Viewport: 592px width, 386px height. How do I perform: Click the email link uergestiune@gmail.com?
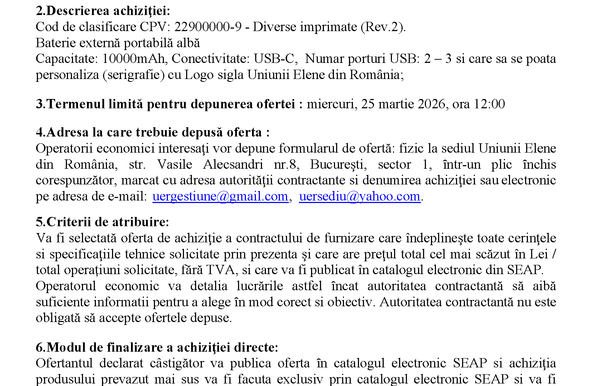pos(220,196)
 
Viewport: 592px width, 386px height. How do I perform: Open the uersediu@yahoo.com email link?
pos(359,196)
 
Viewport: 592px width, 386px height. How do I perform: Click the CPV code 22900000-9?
pos(208,27)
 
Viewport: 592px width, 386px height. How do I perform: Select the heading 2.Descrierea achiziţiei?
pos(103,11)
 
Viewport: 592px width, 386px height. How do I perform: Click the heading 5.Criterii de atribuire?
pos(102,222)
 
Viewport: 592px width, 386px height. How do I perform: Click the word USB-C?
pos(274,59)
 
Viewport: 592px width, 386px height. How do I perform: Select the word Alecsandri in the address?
pos(233,164)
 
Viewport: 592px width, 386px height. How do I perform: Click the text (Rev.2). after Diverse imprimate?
pos(383,27)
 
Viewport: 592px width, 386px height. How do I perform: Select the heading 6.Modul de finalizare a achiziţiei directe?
pos(157,347)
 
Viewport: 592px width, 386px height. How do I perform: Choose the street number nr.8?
pos(286,164)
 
